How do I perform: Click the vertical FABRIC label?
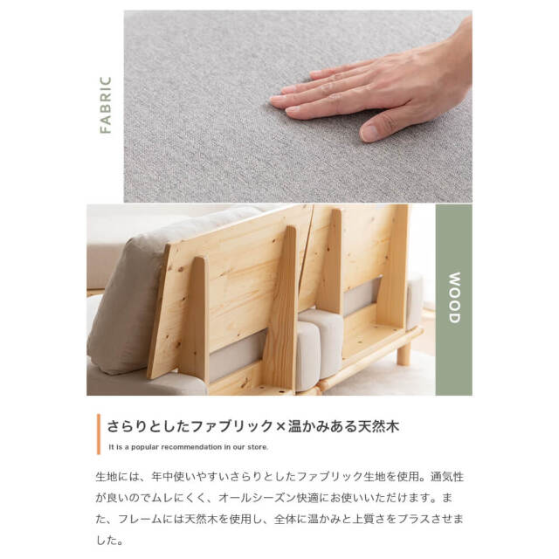pos(106,105)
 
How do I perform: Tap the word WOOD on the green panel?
pos(453,299)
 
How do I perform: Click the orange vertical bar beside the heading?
pos(99,433)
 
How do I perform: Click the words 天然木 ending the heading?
pos(379,427)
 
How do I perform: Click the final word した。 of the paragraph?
pos(111,541)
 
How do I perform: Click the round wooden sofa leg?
pos(403,353)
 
